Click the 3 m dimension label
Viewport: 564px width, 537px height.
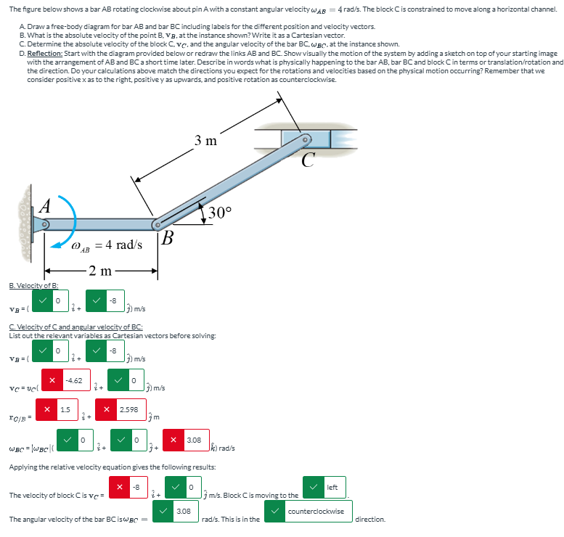pyautogui.click(x=205, y=141)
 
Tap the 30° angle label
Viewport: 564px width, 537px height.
pyautogui.click(x=219, y=212)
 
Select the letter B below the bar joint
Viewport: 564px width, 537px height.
pyautogui.click(x=167, y=237)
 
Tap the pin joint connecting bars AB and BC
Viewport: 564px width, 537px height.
pyautogui.click(x=158, y=225)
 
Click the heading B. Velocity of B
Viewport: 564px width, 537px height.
pyautogui.click(x=34, y=285)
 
